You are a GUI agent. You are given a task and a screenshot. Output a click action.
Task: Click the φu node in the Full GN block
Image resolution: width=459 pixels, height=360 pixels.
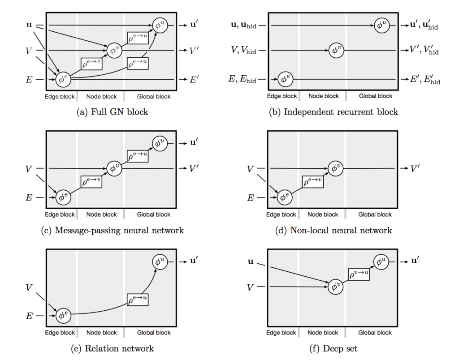(160, 26)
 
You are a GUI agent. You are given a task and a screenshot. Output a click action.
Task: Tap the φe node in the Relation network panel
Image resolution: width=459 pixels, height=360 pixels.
(63, 316)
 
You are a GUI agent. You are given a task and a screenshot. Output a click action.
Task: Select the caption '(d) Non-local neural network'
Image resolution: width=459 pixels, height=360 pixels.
(334, 231)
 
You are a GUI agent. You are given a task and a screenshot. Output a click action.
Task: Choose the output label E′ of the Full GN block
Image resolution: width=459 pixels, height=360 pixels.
(194, 80)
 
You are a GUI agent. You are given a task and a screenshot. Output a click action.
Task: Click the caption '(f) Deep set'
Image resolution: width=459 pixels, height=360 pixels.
(334, 348)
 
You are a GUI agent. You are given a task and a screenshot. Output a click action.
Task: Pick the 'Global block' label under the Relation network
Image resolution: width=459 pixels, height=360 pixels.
(154, 333)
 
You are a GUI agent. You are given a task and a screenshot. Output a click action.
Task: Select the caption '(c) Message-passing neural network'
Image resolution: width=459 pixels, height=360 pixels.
(113, 231)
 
